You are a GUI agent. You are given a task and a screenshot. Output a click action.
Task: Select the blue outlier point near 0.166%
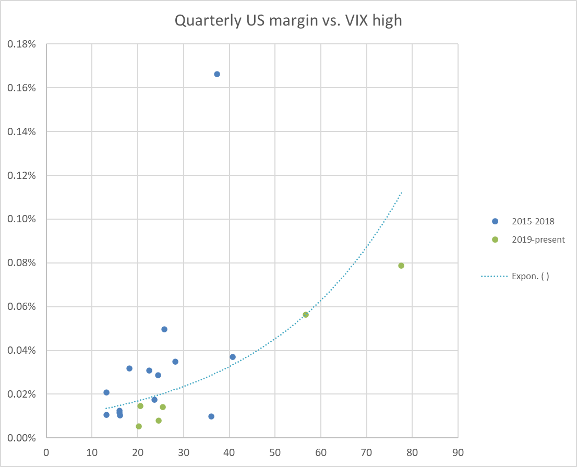[x=217, y=74]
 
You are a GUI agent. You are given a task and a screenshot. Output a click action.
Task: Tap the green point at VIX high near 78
[x=401, y=266]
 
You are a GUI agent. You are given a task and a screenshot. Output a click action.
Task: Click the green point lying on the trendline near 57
[x=306, y=315]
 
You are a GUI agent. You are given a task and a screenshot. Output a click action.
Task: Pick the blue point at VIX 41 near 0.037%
[x=233, y=357]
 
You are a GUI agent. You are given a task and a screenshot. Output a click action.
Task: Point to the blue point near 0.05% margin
[x=164, y=329]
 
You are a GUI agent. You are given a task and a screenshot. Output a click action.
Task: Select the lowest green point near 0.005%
[x=139, y=426]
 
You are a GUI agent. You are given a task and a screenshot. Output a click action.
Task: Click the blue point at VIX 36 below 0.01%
[x=211, y=416]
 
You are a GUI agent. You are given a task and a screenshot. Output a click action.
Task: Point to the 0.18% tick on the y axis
[x=21, y=44]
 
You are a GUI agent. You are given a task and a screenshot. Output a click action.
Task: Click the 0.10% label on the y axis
[x=21, y=219]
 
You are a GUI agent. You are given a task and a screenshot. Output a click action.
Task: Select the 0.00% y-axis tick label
[x=21, y=438]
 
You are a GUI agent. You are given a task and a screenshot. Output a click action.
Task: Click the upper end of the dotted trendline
[x=402, y=193]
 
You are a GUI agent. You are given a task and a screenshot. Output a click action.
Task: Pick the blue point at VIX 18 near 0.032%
[x=129, y=368]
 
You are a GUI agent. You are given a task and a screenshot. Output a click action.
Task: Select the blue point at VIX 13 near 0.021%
[x=106, y=392]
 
